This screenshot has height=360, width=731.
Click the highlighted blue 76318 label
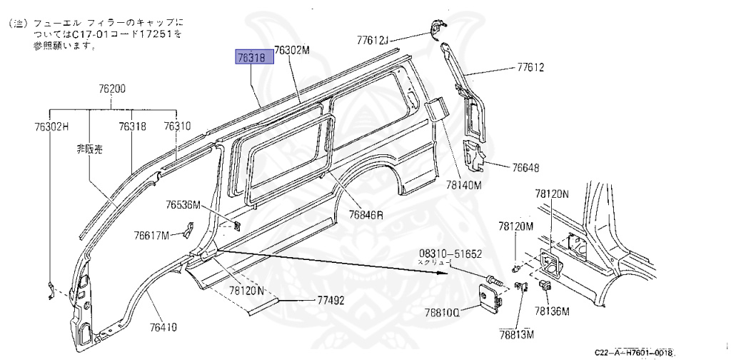(255, 57)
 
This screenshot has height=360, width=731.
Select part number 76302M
(293, 50)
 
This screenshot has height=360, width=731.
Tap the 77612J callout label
(372, 41)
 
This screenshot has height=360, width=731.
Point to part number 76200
(112, 89)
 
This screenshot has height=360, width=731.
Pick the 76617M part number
(151, 236)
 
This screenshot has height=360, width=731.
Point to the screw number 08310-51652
(450, 254)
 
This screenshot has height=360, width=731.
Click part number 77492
(330, 301)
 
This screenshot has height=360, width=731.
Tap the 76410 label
(163, 327)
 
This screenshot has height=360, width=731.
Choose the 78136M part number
(553, 312)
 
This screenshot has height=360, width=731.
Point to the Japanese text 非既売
(90, 150)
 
